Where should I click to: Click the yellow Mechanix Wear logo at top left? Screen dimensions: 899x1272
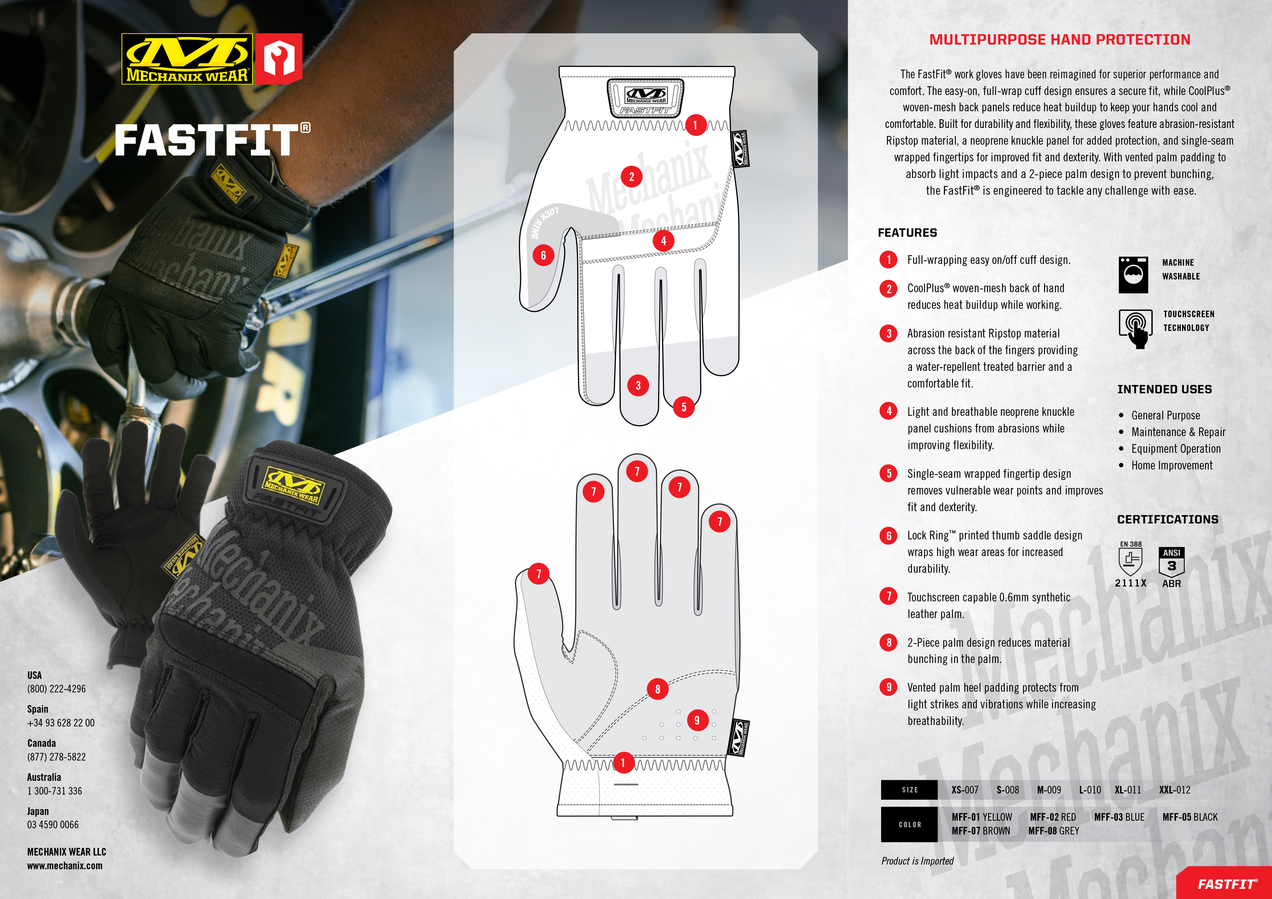tap(187, 59)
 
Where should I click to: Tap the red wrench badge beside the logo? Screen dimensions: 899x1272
tap(279, 59)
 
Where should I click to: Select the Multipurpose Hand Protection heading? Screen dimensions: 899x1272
tap(1059, 40)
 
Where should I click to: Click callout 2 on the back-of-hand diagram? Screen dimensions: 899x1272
tap(631, 177)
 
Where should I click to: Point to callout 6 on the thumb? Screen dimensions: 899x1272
tap(543, 255)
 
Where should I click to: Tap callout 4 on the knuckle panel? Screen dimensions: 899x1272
tap(663, 241)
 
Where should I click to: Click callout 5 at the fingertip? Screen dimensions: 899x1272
tap(684, 407)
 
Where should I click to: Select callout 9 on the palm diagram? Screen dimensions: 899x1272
tap(697, 720)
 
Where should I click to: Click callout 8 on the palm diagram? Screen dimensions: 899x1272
tap(658, 689)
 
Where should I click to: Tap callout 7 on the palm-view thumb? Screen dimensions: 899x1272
tap(538, 574)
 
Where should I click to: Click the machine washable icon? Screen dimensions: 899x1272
tap(1133, 275)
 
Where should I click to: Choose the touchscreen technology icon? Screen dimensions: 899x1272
tap(1135, 328)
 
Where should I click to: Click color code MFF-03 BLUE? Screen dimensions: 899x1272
tap(1119, 817)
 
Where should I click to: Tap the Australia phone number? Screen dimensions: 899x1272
tap(54, 791)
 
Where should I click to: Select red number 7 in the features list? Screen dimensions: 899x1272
tap(889, 596)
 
